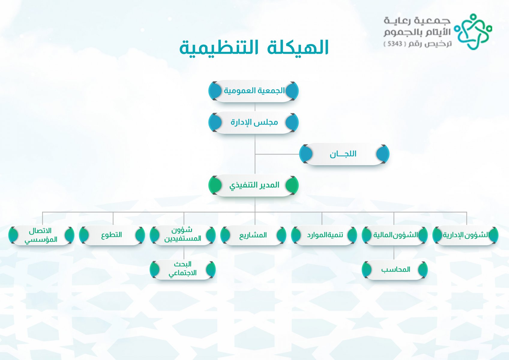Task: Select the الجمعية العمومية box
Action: point(253,91)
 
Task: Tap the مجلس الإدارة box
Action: point(253,122)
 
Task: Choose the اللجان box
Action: point(344,154)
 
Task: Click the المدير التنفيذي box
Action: point(253,185)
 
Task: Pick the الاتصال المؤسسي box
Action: point(41,235)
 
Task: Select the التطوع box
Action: point(112,235)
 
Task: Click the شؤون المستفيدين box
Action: point(183,235)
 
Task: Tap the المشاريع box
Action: point(253,235)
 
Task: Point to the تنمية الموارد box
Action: point(324,235)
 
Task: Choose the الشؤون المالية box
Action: point(395,235)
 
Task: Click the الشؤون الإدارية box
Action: point(466,235)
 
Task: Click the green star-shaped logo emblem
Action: point(473,32)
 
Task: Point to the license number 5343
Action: point(395,43)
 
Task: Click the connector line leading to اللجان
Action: point(277,154)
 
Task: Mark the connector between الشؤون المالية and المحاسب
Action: point(394,252)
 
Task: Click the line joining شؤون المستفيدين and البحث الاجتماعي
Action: point(184,252)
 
